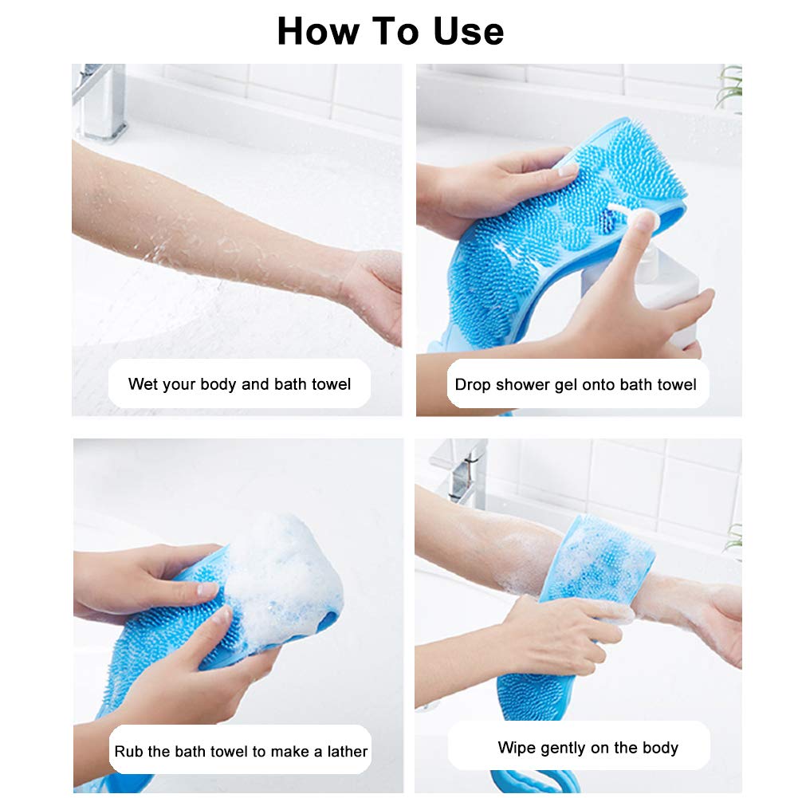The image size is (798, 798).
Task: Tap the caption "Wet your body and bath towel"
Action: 239,384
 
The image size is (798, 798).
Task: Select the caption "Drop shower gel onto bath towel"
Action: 576,384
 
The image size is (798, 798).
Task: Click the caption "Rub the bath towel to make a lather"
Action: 241,751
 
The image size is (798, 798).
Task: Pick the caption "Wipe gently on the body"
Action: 588,748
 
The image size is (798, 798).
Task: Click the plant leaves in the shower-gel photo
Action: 729,88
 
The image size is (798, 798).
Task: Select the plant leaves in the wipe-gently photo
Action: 733,538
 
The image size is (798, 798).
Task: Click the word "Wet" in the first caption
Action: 143,384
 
